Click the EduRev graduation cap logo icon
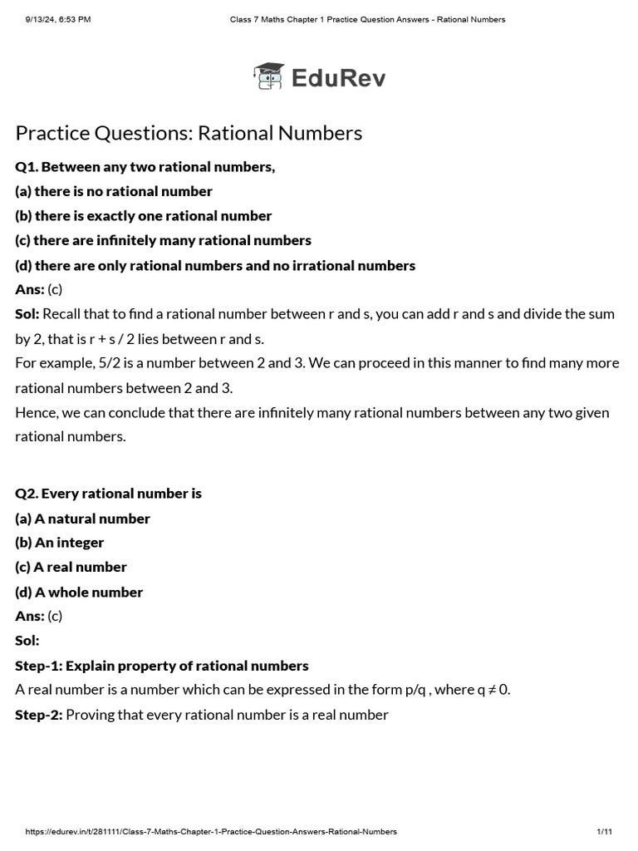coord(268,76)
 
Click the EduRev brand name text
coord(338,78)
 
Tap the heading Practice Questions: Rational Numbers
coord(189,133)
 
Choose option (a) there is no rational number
coord(114,191)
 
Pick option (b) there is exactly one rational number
coord(144,216)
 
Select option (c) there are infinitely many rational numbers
coord(163,240)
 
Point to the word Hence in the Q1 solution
coord(34,412)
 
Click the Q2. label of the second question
coord(27,494)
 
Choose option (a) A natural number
coord(83,519)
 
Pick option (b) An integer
coord(60,543)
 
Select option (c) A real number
coord(71,567)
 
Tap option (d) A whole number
coord(79,593)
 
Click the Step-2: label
coord(38,715)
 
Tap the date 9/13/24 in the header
coord(42,19)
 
